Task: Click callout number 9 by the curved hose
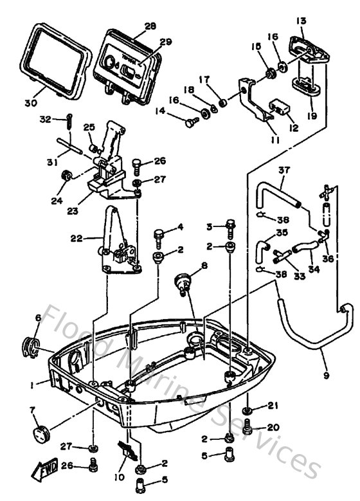[325, 376]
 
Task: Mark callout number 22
[75, 238]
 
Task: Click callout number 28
[150, 26]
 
